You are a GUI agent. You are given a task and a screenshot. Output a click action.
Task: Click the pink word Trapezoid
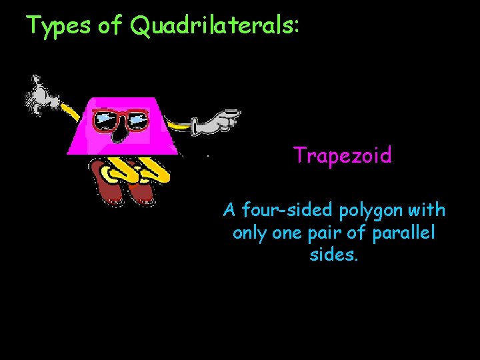click(x=343, y=156)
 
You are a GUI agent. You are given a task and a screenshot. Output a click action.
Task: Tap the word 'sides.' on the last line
click(x=334, y=255)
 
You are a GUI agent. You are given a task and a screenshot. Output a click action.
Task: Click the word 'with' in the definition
click(x=428, y=211)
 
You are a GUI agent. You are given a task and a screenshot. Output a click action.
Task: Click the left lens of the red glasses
click(x=105, y=120)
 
